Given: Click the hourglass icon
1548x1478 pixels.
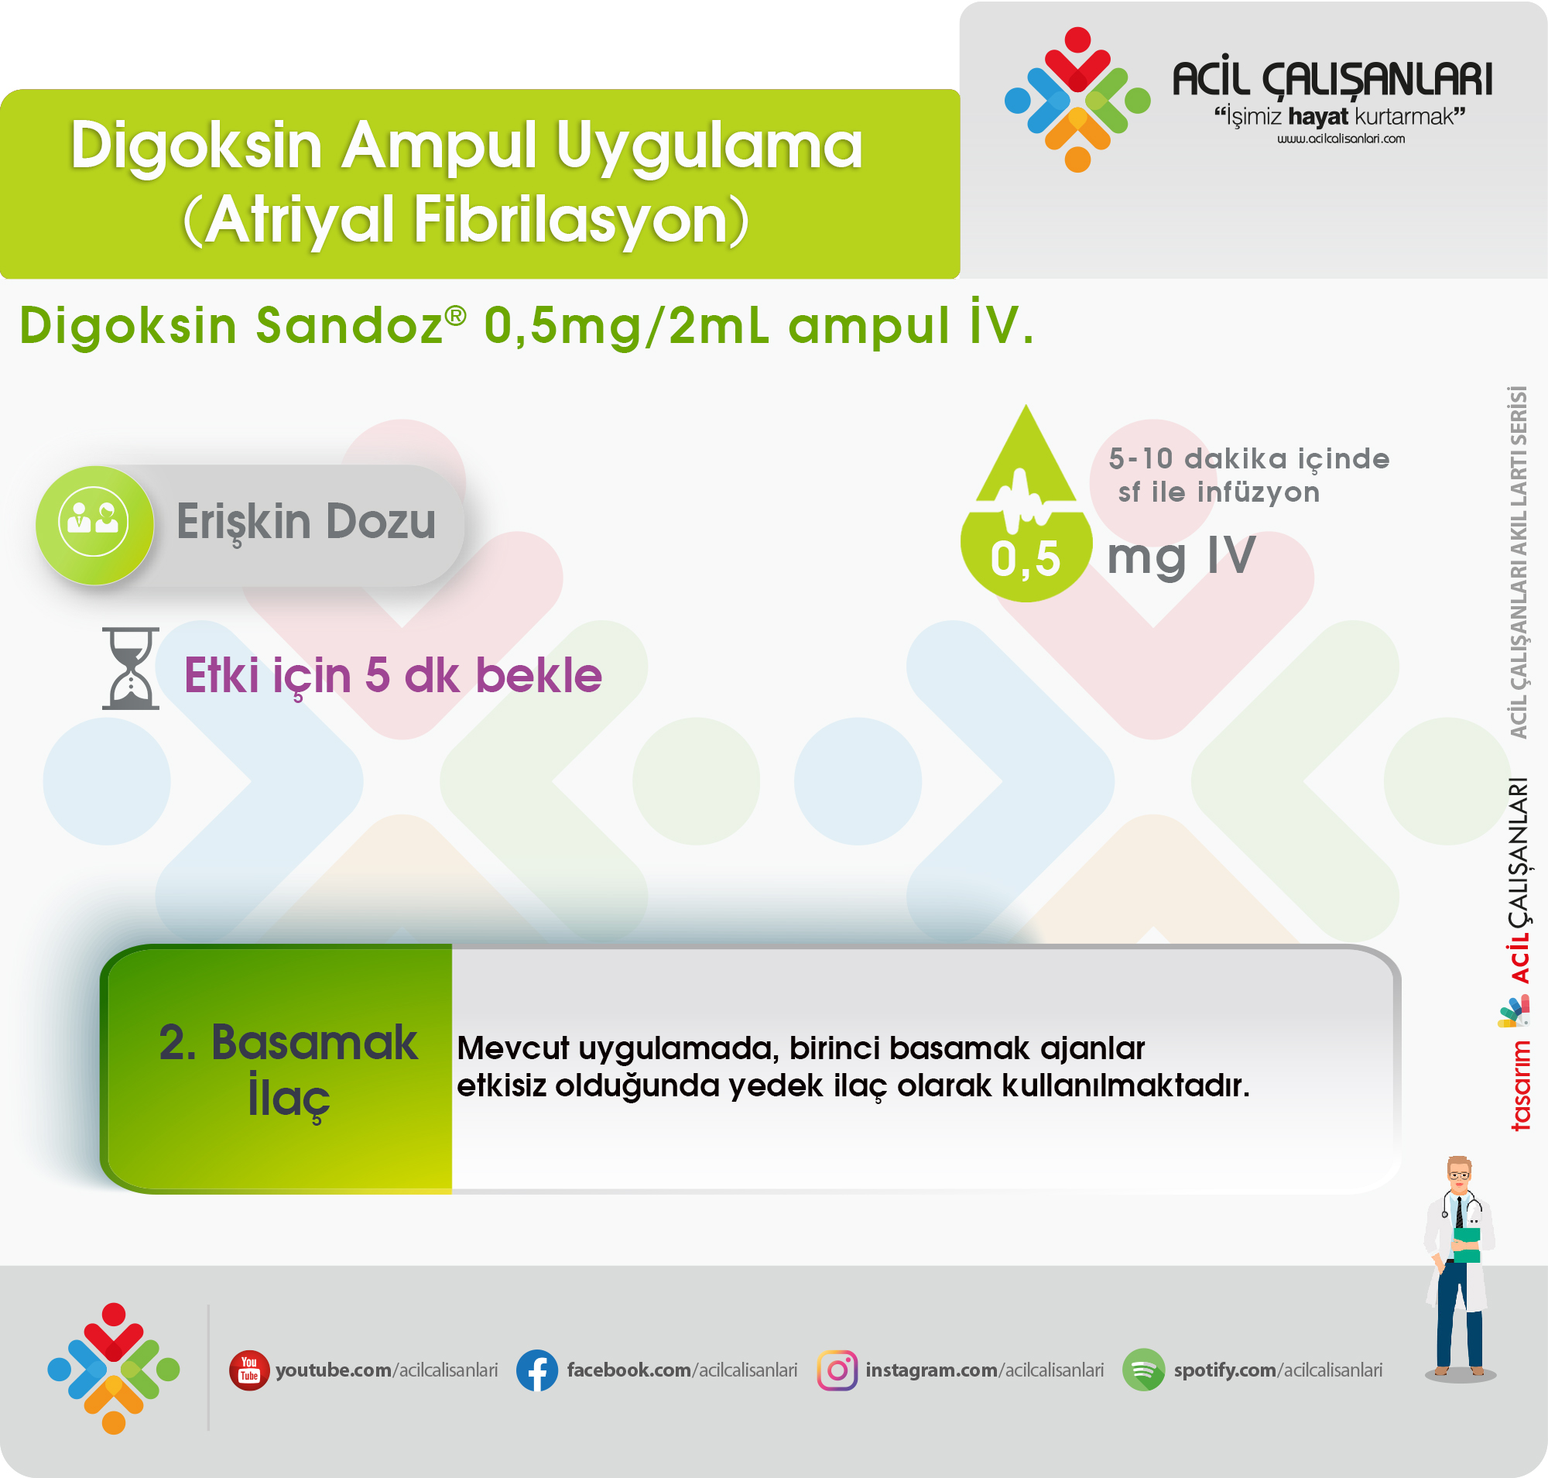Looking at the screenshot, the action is coord(131,668).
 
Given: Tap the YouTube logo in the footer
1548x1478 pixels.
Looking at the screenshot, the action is coord(249,1370).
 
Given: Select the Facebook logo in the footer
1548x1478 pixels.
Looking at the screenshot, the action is coord(537,1370).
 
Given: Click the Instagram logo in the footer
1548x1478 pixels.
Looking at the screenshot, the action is coord(837,1370).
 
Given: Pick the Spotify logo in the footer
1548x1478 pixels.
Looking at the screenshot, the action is coord(1143,1370).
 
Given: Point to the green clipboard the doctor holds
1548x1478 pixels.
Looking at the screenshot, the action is coord(1466,1245).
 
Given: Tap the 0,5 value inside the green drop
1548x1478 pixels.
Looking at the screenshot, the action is coord(1025,559).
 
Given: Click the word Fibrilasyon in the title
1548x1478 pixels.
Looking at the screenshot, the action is coord(581,221).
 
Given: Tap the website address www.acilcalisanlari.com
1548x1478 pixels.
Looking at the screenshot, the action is coord(1341,139).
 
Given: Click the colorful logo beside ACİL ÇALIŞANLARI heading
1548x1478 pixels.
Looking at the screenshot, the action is coord(1077,99).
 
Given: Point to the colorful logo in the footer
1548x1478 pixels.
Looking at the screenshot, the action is coord(114,1370).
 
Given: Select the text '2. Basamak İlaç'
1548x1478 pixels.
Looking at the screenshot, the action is coord(289,1070).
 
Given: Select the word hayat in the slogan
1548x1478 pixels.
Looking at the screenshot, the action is coord(1319,117).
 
